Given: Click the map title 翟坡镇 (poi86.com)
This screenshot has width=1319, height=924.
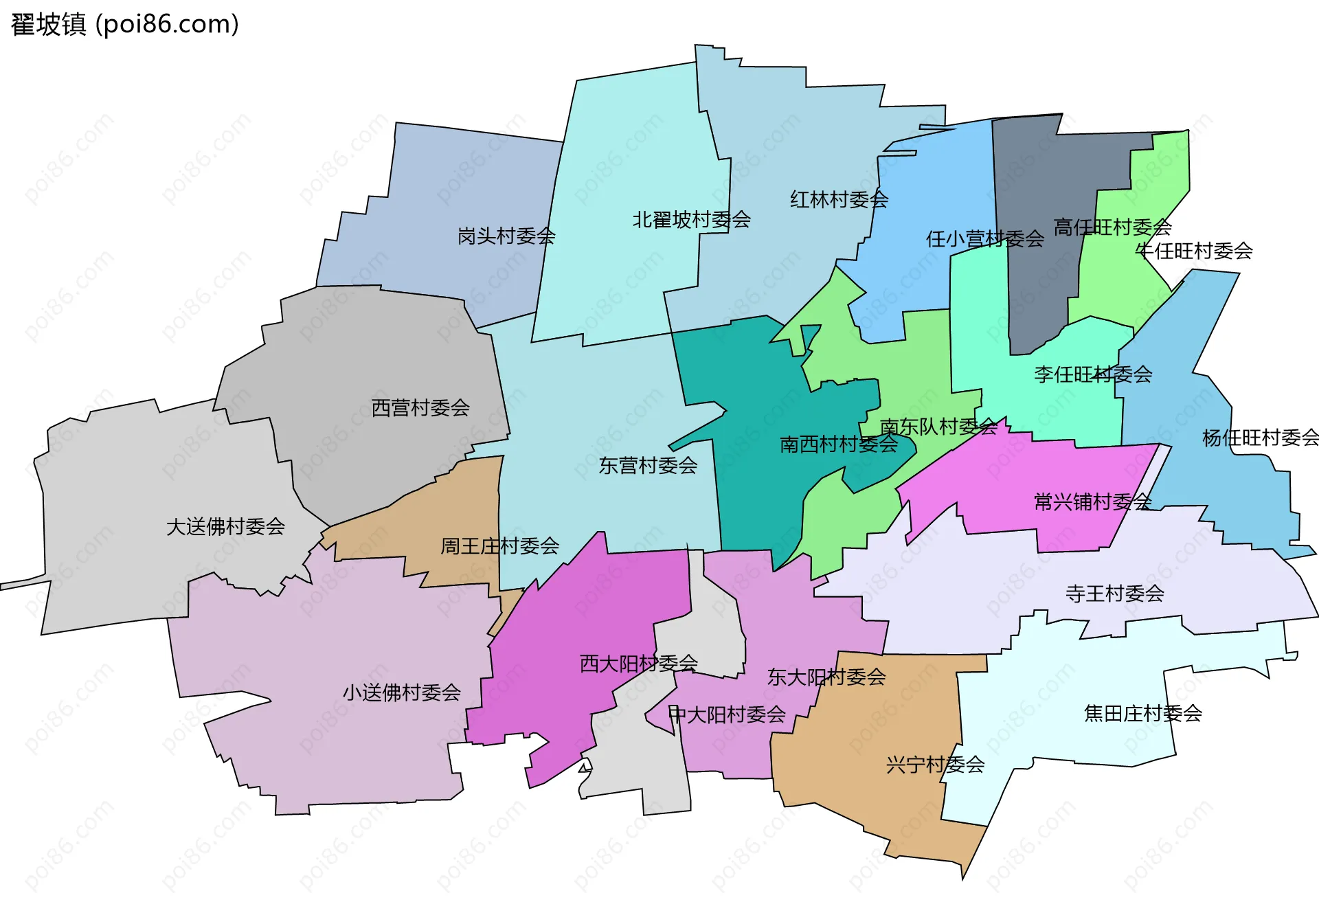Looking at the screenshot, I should (125, 25).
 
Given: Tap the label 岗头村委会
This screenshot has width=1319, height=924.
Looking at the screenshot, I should (506, 236).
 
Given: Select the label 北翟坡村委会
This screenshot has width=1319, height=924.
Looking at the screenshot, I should (691, 220).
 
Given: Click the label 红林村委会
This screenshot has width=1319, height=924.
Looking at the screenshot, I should (839, 200).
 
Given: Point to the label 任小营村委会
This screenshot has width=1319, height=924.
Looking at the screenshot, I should (984, 239).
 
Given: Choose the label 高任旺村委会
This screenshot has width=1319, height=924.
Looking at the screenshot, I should (1112, 227).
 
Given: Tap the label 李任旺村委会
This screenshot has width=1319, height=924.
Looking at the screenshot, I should (1092, 374).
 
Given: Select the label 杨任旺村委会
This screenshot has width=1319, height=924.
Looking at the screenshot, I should (1260, 438).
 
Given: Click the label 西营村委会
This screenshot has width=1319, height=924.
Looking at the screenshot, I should (420, 408).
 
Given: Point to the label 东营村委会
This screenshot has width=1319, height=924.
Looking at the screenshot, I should (648, 466).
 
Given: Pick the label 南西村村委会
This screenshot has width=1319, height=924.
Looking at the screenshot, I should (838, 444).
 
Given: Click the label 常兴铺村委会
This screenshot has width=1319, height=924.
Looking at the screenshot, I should (1092, 502).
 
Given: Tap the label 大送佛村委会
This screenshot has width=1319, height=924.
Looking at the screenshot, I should (225, 527).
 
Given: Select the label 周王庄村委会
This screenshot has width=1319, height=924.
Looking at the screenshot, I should (499, 546).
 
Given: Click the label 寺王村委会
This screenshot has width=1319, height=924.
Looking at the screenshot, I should (1114, 594).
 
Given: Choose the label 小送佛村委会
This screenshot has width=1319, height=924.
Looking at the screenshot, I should (401, 692).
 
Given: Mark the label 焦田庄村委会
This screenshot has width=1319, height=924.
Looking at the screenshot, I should (1142, 714).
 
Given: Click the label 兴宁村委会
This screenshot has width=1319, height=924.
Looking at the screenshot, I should (935, 765).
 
